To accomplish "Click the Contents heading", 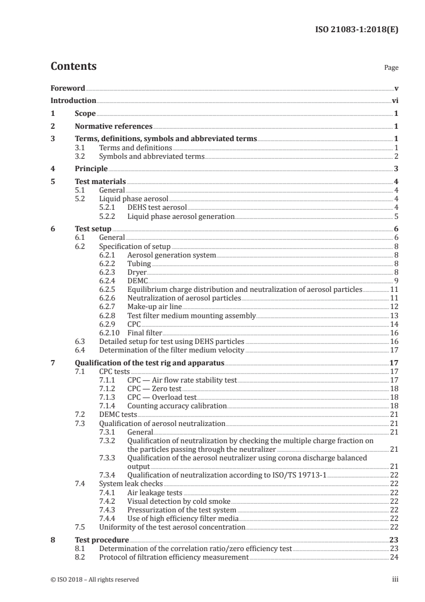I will pyautogui.click(x=73, y=67).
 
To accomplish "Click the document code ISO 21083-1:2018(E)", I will pyautogui.click(x=355, y=30).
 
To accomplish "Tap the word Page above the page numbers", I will pyautogui.click(x=391, y=68).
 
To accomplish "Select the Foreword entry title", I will pyautogui.click(x=68, y=88).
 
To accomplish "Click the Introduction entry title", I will pyautogui.click(x=73, y=100).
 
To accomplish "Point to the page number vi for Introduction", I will pyautogui.click(x=394, y=100).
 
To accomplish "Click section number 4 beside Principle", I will pyautogui.click(x=53, y=168).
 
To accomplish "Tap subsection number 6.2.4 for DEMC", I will pyautogui.click(x=109, y=280).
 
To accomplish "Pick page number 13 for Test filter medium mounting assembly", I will pyautogui.click(x=394, y=315).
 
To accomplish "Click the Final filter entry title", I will pyautogui.click(x=145, y=333).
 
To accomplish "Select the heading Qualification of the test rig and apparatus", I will pyautogui.click(x=149, y=363).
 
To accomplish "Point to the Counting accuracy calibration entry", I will pyautogui.click(x=177, y=406).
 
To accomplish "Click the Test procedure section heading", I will pyautogui.click(x=101, y=540).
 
